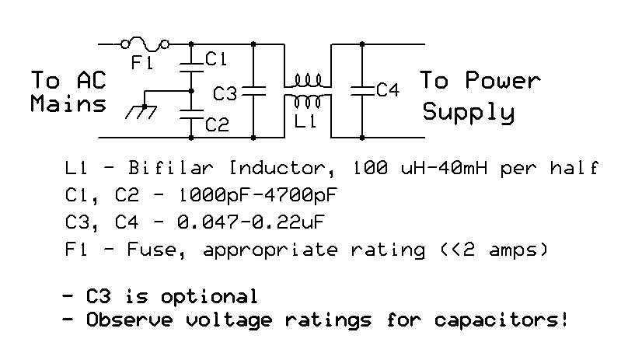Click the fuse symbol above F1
tap(145, 44)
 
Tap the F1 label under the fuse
tap(141, 62)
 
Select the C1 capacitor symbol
tap(191, 68)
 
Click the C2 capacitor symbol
tap(191, 114)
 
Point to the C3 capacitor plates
tap(253, 91)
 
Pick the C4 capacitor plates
tap(362, 91)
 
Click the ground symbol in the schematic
tap(141, 111)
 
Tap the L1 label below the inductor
tap(305, 121)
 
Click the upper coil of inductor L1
tap(308, 80)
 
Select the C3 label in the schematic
tap(225, 94)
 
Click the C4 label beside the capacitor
tap(388, 89)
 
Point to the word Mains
tap(68, 103)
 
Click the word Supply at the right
tap(468, 112)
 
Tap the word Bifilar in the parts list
tap(171, 168)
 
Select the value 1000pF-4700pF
tap(257, 195)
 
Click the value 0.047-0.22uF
tap(251, 222)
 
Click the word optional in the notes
tap(208, 297)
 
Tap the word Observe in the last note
tap(129, 320)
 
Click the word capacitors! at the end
tap(501, 320)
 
